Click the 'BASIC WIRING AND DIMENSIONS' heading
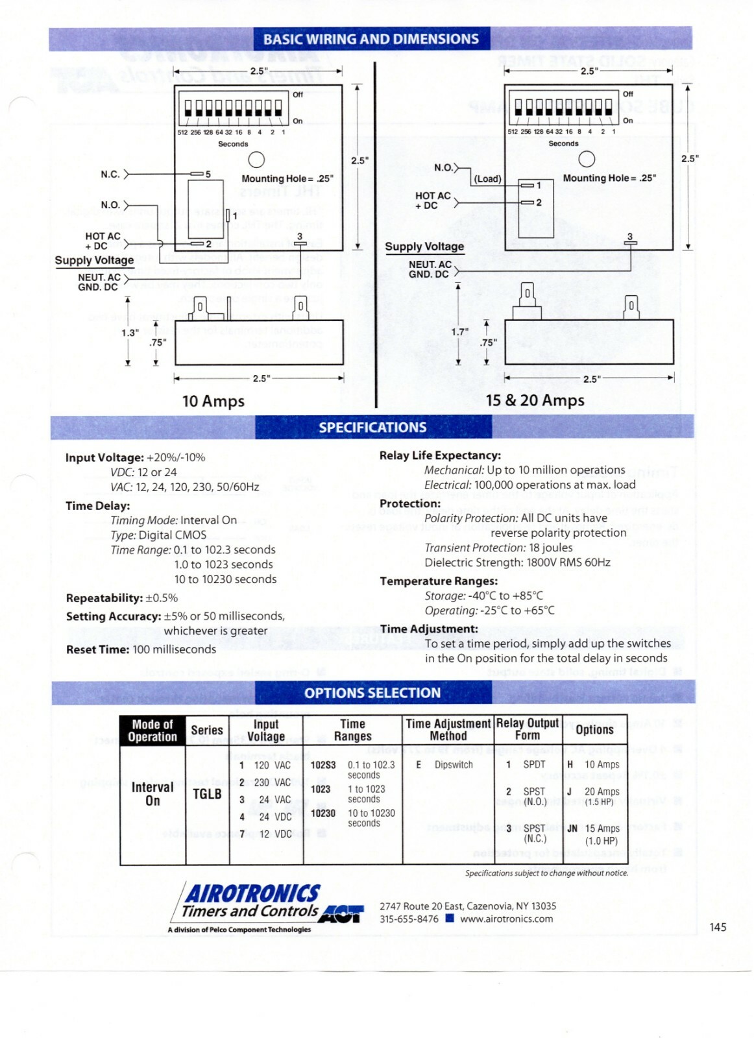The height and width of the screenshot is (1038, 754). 371,39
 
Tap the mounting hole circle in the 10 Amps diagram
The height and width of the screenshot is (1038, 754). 257,160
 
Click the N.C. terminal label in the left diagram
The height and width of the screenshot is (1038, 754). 110,175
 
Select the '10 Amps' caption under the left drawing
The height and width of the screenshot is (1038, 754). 213,402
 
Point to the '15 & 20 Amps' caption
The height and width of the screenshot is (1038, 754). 535,400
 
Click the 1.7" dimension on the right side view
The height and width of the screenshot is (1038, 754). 459,332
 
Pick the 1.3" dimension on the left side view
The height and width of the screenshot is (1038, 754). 130,333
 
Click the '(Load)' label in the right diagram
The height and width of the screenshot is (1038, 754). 487,179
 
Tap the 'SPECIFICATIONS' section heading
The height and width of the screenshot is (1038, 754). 372,428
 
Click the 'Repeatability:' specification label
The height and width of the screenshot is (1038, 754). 104,598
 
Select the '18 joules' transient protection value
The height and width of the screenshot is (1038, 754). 551,548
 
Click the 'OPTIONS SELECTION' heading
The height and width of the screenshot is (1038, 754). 372,693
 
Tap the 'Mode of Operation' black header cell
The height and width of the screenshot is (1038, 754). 152,730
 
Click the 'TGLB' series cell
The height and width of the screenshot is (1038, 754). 207,794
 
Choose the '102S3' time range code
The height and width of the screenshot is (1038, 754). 323,766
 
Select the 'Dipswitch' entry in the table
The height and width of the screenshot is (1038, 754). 454,765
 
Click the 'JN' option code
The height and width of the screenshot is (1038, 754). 572,828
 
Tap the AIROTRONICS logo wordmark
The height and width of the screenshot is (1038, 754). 253,894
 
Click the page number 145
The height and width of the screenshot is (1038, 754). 718,927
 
